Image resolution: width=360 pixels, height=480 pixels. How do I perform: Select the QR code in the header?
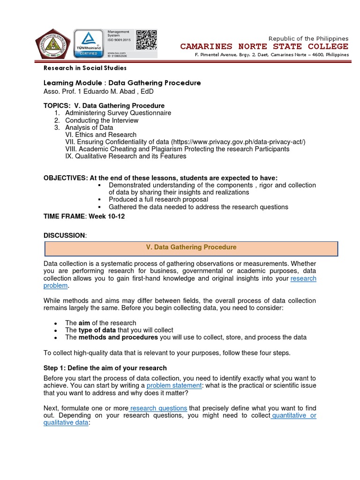tap(146, 40)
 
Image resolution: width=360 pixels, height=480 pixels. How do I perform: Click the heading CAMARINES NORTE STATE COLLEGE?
tap(264, 46)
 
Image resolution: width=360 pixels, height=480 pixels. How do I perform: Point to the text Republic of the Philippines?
tap(308, 38)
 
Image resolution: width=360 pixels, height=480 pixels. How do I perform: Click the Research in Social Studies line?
tap(85, 68)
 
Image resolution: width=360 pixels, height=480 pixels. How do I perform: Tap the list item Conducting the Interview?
tap(102, 120)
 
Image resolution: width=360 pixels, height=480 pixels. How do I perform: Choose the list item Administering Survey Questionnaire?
tap(118, 113)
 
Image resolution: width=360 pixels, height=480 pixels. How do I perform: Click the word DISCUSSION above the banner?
tap(64, 235)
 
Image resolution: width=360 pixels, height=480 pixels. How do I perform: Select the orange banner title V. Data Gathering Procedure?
tap(191, 247)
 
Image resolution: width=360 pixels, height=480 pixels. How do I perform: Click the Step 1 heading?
tap(105, 368)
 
